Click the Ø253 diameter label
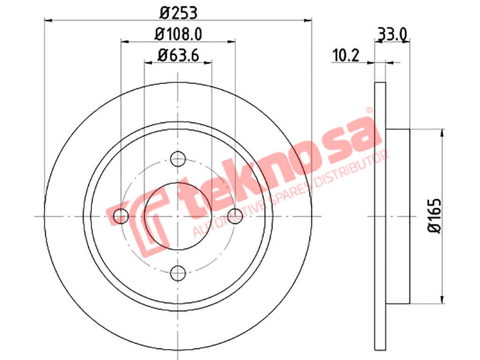(179, 13)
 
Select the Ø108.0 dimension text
(179, 34)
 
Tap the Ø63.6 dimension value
(178, 55)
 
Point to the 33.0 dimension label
(393, 35)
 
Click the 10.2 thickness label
(345, 55)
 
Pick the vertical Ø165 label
(435, 216)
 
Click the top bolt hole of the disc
(178, 158)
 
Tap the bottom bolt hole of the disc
(178, 273)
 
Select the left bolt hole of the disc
(121, 216)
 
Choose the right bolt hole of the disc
(235, 216)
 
